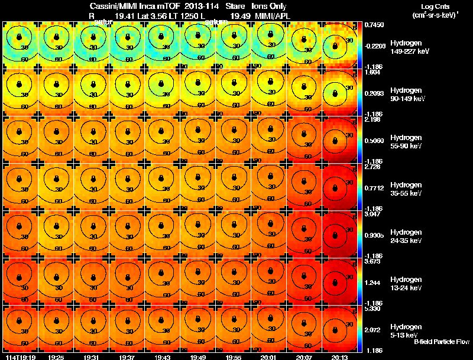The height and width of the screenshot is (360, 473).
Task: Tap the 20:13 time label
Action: point(339,357)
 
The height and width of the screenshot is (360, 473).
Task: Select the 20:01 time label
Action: point(268,357)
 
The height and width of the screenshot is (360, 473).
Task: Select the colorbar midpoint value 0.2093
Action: point(372,93)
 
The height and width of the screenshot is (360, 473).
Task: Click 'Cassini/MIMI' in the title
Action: point(109,5)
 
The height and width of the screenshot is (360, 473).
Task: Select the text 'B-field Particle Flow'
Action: point(441,342)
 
